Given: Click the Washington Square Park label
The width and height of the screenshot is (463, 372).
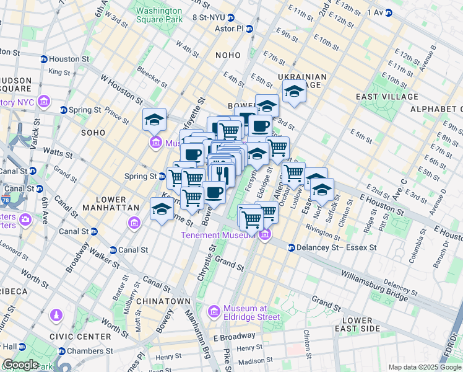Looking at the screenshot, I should tap(159, 15).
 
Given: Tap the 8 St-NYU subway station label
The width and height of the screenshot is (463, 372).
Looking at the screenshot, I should tap(211, 17).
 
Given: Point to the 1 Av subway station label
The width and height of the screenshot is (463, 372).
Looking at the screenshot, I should tap(375, 12).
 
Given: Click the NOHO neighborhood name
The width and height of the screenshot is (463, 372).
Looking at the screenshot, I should tap(227, 55).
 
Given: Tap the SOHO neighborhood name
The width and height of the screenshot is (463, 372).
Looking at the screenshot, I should tap(95, 133).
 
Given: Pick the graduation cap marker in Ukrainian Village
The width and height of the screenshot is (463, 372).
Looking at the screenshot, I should tap(294, 92).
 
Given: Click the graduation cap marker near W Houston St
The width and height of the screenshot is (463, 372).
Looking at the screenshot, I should tap(154, 119).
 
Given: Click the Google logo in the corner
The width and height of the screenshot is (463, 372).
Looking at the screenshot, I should tap(20, 364).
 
